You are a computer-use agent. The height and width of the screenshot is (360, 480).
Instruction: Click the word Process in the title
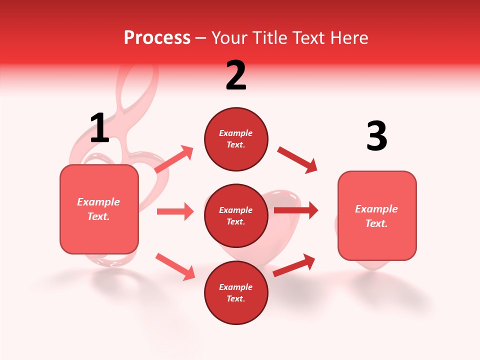(157, 38)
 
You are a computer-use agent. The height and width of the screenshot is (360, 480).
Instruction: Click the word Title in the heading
(270, 38)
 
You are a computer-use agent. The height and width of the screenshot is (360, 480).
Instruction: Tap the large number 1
(99, 129)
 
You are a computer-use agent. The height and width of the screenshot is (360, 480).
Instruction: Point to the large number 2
(236, 76)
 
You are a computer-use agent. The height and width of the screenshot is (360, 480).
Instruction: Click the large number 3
(376, 136)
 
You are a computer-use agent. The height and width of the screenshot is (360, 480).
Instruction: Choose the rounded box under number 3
(377, 240)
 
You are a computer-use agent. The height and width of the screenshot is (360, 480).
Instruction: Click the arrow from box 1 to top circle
(173, 159)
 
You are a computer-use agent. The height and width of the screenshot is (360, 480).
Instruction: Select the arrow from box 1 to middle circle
(175, 211)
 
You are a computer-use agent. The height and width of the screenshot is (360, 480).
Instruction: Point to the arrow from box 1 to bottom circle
(175, 266)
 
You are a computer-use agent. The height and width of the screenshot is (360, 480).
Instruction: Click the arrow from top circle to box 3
(297, 160)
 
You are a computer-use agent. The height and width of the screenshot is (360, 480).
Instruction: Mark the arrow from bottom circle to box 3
(294, 265)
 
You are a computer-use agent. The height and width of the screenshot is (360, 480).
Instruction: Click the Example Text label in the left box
(98, 209)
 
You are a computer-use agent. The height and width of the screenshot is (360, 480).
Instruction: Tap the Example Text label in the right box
(376, 216)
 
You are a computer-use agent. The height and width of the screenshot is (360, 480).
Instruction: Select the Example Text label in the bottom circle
(235, 292)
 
